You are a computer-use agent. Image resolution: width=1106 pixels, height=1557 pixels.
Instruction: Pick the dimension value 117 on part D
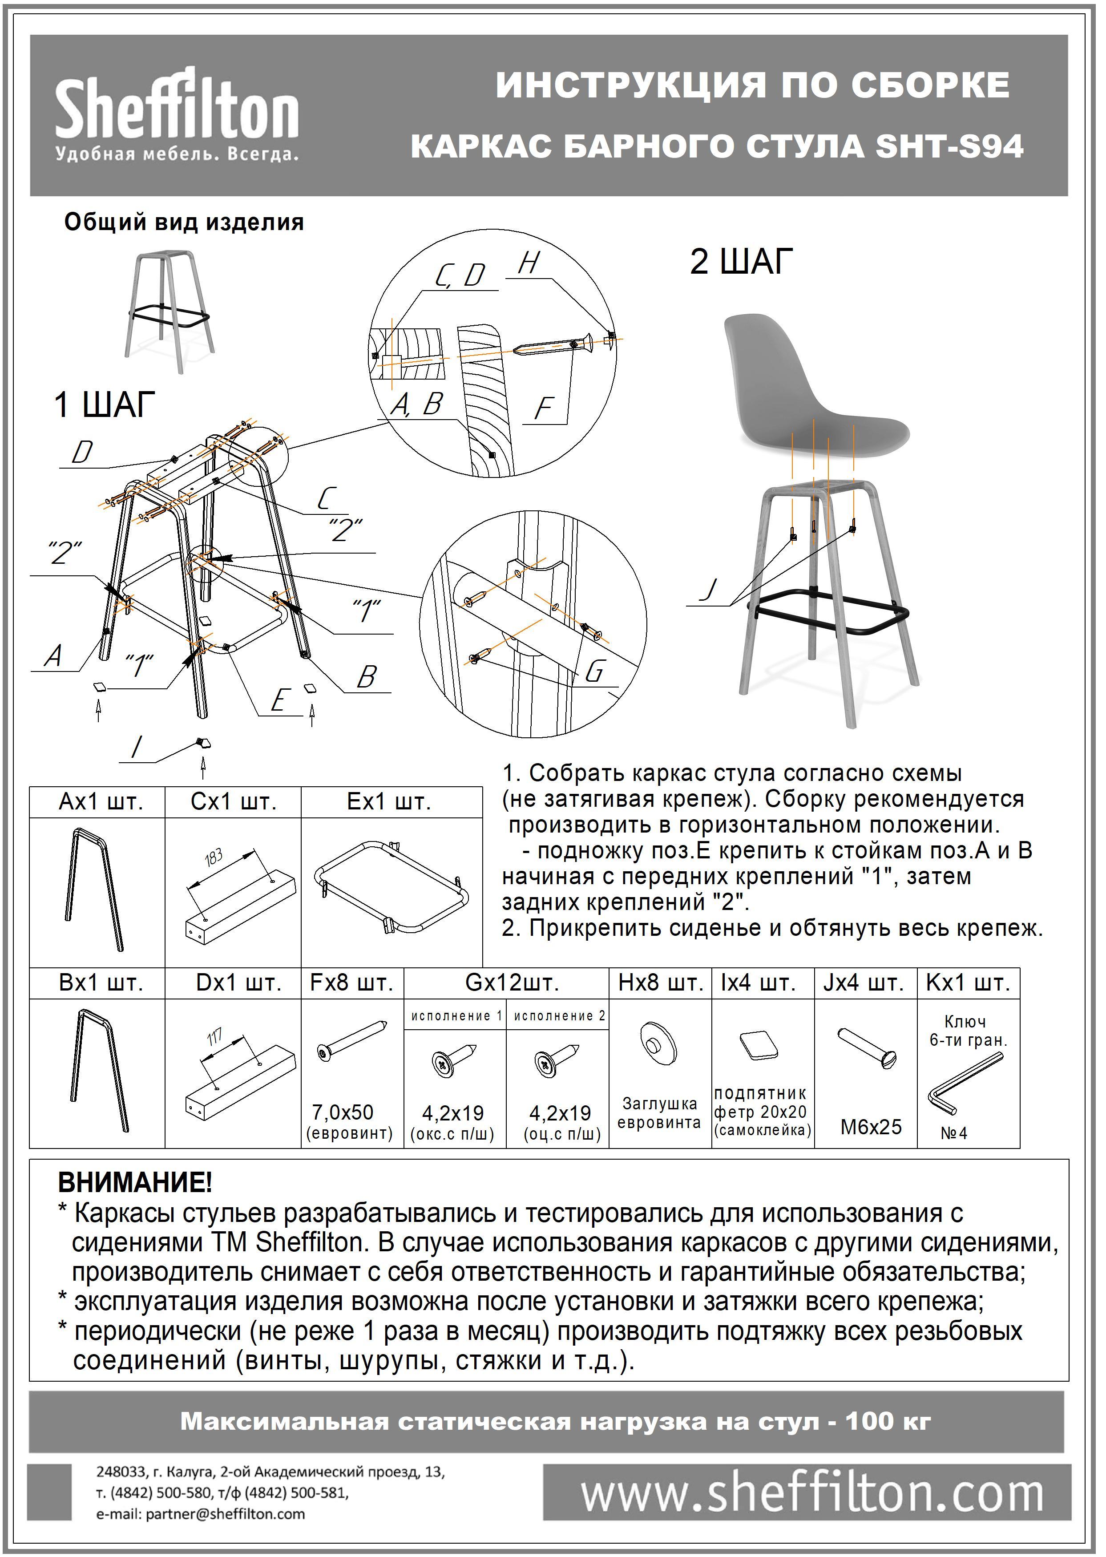pos(215,1037)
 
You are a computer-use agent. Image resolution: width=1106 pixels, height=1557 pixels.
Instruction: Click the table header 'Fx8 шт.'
pos(351,983)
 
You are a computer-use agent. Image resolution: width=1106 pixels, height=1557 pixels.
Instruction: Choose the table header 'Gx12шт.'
pos(512,983)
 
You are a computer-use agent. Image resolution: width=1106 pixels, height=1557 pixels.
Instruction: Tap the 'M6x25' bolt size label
pos(870,1127)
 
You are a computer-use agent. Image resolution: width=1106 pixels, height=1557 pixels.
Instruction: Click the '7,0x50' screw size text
pos(343,1112)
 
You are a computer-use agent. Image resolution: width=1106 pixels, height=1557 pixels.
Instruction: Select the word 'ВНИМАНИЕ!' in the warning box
pos(135,1182)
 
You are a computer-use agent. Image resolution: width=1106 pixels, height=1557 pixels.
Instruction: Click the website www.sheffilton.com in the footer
pos(811,1494)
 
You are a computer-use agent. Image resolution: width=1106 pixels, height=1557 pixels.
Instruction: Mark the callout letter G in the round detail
pos(594,671)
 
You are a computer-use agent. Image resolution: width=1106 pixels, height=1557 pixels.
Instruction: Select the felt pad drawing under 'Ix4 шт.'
pos(759,1044)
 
